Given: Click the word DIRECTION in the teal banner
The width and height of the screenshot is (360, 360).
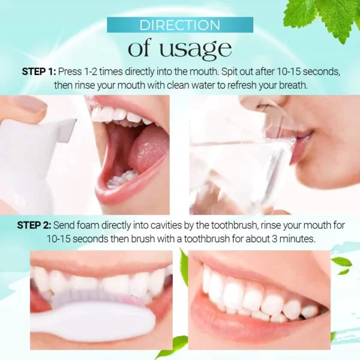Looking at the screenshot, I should pyautogui.click(x=179, y=25).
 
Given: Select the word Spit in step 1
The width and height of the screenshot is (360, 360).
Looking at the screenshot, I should pyautogui.click(x=232, y=71).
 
